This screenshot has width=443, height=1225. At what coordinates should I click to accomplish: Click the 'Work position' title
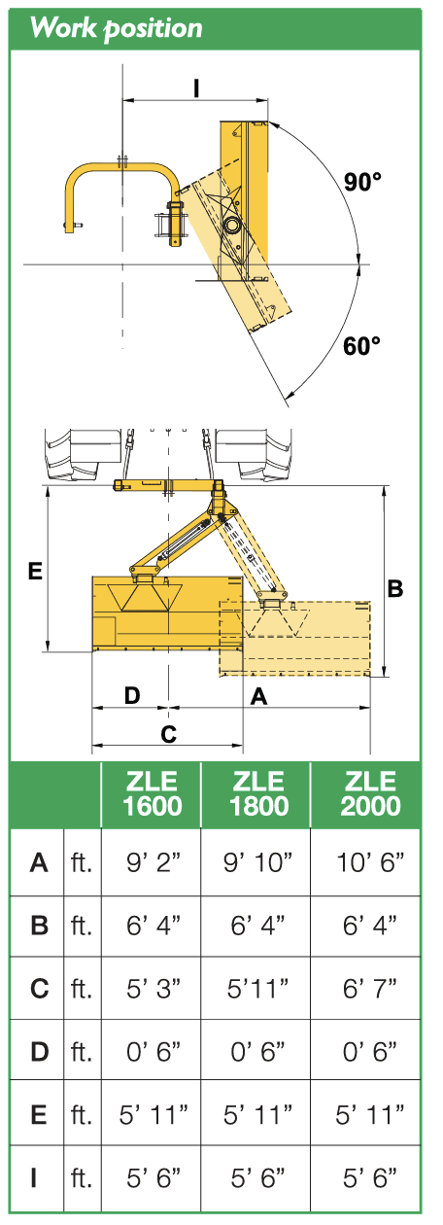(116, 27)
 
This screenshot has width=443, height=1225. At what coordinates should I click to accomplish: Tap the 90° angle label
(362, 182)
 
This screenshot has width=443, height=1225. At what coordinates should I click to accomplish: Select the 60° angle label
(361, 346)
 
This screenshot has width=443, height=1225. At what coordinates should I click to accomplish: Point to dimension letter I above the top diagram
(196, 88)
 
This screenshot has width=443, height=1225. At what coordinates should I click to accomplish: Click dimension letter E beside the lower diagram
(35, 571)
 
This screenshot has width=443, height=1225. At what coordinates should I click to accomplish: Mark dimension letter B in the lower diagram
(395, 588)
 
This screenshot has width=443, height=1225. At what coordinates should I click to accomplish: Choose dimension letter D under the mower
(132, 696)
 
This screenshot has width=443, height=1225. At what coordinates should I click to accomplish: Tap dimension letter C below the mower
(169, 733)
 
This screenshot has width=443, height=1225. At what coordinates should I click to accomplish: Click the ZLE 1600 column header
(152, 793)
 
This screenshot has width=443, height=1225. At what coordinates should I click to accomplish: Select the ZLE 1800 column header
(259, 793)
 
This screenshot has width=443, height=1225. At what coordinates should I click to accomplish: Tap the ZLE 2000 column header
(370, 793)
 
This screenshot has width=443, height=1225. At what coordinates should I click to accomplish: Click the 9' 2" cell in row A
(153, 862)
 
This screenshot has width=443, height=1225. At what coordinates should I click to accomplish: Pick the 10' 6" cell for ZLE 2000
(370, 862)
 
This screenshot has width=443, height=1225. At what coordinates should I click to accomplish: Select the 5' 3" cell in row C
(153, 988)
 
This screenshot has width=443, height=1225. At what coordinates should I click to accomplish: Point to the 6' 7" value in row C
(370, 988)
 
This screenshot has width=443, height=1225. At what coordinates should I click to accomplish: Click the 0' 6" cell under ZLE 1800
(257, 1051)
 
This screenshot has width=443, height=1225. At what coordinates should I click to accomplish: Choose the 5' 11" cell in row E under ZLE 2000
(370, 1113)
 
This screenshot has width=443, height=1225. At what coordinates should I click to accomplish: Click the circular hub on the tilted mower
(230, 225)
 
